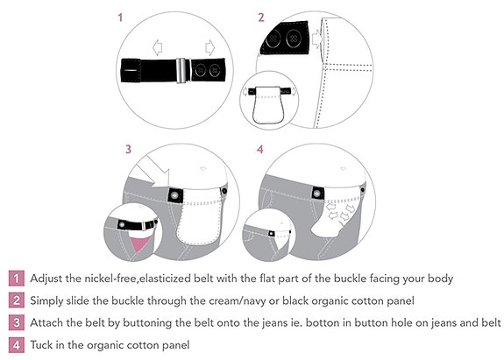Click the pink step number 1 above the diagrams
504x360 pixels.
(120, 18)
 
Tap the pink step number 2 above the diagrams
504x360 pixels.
(261, 18)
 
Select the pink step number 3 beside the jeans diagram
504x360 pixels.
(128, 149)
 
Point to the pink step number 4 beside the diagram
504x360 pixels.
(260, 149)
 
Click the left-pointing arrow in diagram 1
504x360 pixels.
(157, 47)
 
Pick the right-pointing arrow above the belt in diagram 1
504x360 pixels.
(209, 47)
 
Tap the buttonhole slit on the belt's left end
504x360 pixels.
(131, 70)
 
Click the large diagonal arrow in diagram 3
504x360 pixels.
(153, 171)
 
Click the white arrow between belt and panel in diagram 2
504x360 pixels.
(316, 39)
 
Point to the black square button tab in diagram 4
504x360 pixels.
(317, 194)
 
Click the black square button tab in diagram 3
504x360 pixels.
(175, 195)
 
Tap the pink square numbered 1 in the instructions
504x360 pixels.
(17, 279)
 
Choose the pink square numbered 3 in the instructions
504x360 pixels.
(17, 322)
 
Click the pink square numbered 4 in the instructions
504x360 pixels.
(17, 345)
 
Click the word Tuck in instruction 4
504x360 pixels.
(41, 345)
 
